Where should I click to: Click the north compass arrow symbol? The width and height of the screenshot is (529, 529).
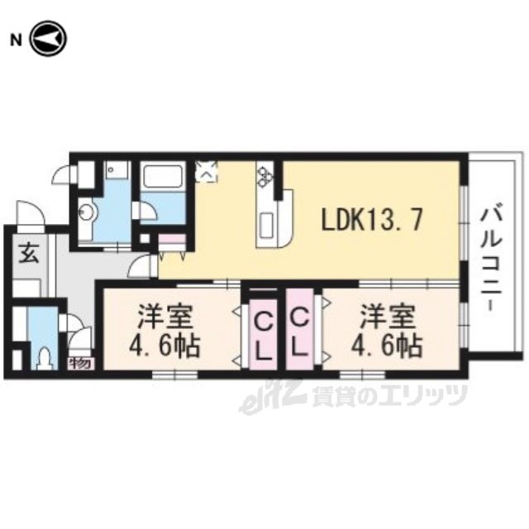pos(49,39)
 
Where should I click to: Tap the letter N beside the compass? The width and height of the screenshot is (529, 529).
pos(16,41)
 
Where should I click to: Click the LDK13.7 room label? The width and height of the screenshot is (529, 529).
pos(372,219)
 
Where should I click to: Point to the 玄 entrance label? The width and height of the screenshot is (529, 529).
pos(28,254)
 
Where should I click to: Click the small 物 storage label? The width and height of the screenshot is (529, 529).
pos(80,364)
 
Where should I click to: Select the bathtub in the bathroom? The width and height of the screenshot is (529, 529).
pos(162,178)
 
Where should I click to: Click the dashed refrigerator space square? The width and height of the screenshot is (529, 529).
pos(207,171)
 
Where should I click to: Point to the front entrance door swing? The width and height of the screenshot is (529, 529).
pos(31,213)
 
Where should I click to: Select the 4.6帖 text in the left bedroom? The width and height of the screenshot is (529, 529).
pos(165,346)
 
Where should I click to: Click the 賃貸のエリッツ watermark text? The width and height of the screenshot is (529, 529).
pos(389,395)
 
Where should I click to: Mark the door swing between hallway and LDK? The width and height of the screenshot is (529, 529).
pos(141,266)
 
